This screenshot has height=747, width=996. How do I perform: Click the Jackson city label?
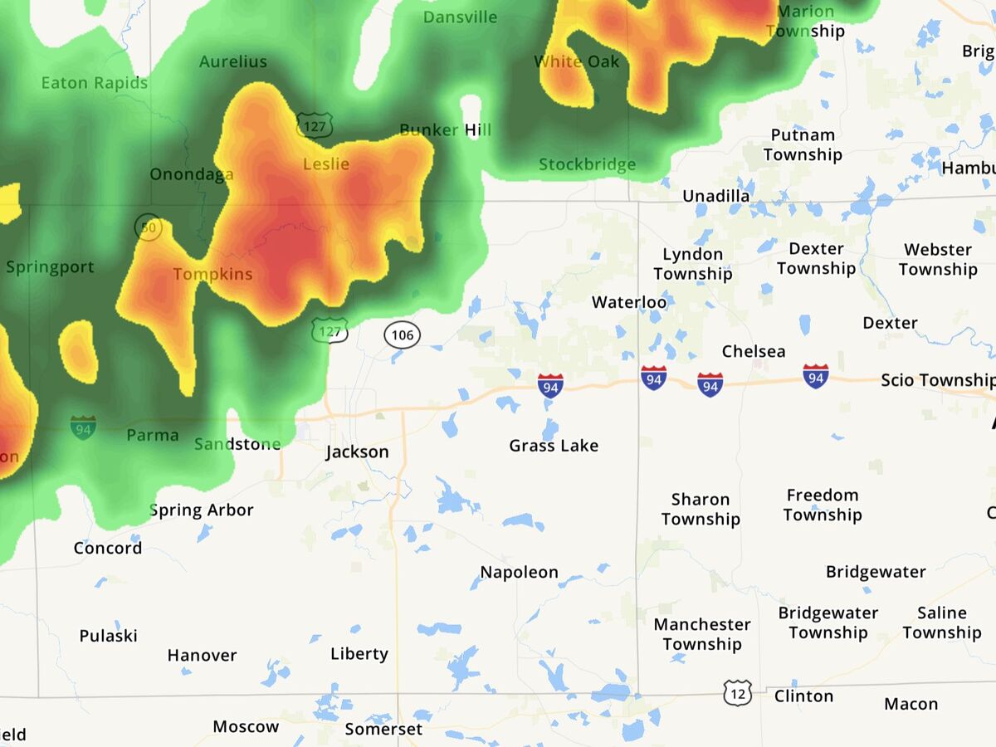click(x=357, y=452)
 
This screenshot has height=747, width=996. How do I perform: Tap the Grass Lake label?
click(x=554, y=446)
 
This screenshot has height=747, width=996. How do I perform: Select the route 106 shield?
click(x=403, y=335)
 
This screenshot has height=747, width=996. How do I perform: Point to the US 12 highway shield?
click(x=737, y=692)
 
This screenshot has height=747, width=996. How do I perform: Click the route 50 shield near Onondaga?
click(x=149, y=227)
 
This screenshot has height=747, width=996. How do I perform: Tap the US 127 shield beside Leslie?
click(x=315, y=125)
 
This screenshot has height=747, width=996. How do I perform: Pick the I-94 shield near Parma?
click(x=83, y=427)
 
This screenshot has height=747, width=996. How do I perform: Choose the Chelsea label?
click(x=754, y=351)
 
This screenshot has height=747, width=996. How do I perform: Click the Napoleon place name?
click(x=520, y=573)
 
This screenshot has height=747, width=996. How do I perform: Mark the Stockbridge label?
click(x=588, y=164)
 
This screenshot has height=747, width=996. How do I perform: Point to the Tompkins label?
click(x=212, y=274)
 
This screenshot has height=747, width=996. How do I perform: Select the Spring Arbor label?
click(x=202, y=510)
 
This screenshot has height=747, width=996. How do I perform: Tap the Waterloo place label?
click(x=629, y=302)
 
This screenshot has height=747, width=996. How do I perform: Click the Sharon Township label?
click(x=701, y=509)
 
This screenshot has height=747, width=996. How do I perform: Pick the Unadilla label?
click(x=716, y=196)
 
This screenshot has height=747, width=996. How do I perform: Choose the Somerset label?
click(x=383, y=729)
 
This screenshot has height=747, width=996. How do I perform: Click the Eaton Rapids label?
click(x=95, y=83)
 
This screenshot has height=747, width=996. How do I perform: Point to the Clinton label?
click(x=803, y=696)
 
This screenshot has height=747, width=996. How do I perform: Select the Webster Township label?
click(x=938, y=259)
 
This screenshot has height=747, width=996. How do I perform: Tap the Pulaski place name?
click(x=109, y=636)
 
